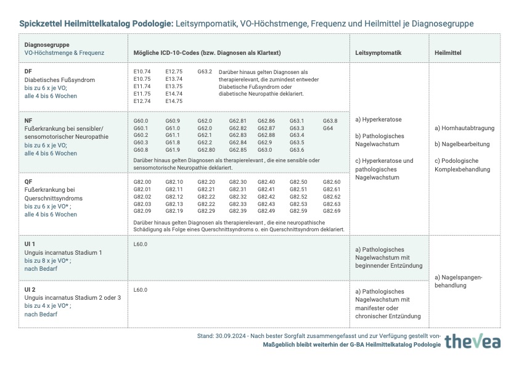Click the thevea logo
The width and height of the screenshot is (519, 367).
click(x=472, y=341)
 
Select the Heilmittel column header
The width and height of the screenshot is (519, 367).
click(x=448, y=53)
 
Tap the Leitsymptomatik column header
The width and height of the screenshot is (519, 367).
click(x=378, y=53)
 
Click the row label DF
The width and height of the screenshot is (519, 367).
click(x=28, y=72)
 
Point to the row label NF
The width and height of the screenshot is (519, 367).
click(x=28, y=121)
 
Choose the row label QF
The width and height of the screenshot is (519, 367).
click(x=28, y=182)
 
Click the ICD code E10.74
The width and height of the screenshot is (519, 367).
click(x=142, y=72)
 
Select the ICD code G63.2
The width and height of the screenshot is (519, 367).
click(x=205, y=72)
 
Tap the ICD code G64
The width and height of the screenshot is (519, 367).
click(x=328, y=128)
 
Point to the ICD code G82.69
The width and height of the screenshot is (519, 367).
click(x=332, y=211)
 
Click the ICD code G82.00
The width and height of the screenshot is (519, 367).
click(x=142, y=182)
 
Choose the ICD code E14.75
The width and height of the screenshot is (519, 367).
click(x=174, y=101)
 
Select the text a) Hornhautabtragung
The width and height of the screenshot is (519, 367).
click(x=464, y=128)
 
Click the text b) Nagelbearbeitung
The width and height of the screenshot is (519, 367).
click(x=462, y=144)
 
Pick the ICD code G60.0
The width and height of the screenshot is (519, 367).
click(x=141, y=121)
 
